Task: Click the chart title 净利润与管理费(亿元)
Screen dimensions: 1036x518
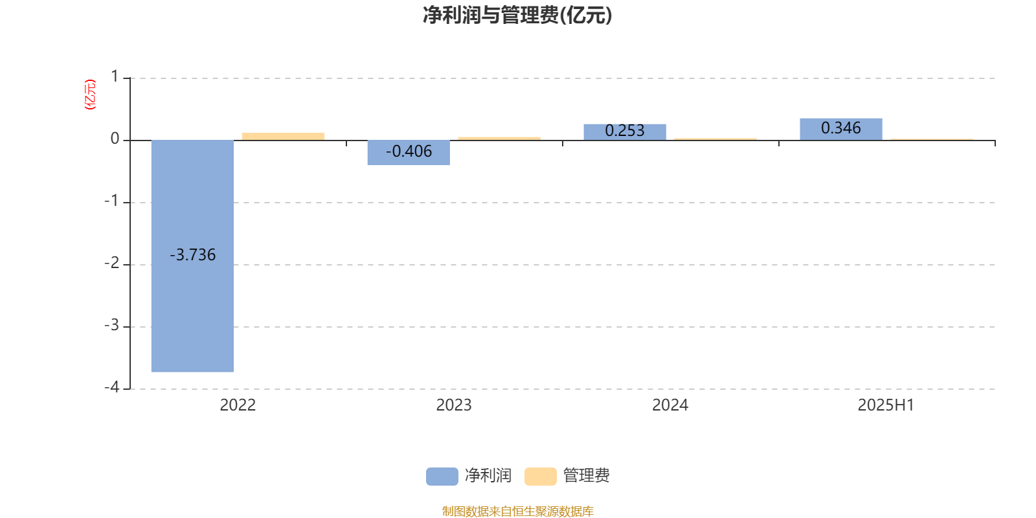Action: click(517, 16)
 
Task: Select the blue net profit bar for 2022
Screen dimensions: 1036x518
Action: click(192, 256)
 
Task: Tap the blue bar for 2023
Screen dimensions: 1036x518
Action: click(409, 153)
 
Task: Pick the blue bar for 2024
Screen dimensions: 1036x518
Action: click(625, 132)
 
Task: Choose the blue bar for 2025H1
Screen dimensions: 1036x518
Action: click(841, 129)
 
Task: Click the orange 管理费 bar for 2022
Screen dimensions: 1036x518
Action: click(283, 137)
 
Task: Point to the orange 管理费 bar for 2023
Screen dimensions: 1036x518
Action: click(499, 139)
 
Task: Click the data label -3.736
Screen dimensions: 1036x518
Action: click(192, 255)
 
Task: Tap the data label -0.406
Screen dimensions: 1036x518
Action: click(409, 152)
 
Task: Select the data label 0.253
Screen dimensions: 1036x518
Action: click(625, 130)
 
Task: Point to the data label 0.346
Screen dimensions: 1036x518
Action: click(841, 128)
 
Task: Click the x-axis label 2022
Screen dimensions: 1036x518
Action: click(238, 405)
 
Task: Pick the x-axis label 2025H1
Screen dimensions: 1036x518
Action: click(886, 405)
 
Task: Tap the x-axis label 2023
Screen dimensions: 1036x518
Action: click(454, 405)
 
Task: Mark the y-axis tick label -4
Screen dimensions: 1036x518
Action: click(112, 387)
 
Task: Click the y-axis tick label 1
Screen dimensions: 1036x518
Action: click(115, 76)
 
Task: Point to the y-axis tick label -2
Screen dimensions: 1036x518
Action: click(112, 263)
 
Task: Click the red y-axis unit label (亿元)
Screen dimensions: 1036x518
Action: click(90, 95)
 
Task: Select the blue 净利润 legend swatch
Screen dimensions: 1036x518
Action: click(442, 477)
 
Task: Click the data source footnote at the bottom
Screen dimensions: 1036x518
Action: click(517, 511)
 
